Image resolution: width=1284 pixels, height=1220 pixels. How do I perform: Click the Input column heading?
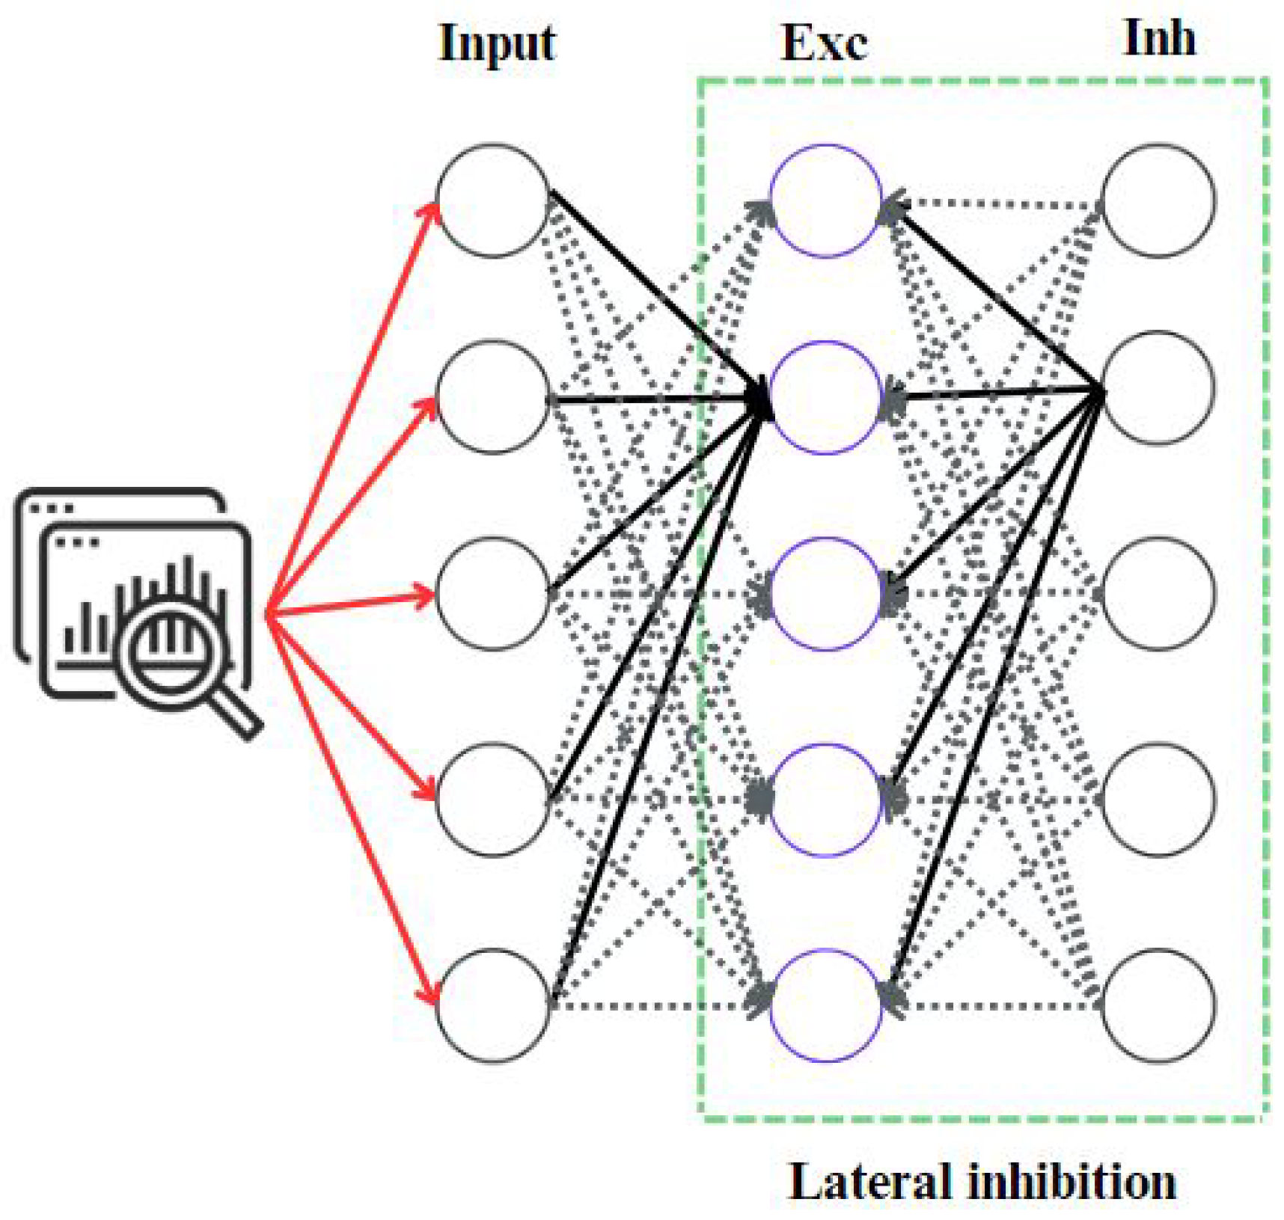click(497, 43)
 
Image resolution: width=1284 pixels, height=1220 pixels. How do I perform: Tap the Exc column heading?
click(824, 43)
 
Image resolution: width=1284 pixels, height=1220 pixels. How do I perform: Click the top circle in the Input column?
click(492, 200)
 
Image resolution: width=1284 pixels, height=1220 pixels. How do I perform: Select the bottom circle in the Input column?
click(492, 1005)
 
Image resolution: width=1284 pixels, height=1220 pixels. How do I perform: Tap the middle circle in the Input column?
click(492, 593)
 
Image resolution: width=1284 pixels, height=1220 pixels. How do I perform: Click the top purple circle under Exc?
click(825, 200)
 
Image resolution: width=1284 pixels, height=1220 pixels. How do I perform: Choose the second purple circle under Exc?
click(825, 396)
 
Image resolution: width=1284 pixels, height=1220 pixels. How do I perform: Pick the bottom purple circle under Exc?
click(825, 1005)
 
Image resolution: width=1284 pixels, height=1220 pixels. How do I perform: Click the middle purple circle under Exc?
click(825, 593)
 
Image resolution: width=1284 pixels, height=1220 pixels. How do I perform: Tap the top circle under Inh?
click(1158, 200)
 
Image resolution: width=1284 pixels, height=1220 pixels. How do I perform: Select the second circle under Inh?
click(1158, 387)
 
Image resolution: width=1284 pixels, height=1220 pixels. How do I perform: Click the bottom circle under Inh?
click(1158, 1005)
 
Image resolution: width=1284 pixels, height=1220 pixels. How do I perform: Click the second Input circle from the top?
click(492, 396)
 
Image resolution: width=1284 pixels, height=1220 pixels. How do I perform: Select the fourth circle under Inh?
click(1158, 799)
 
